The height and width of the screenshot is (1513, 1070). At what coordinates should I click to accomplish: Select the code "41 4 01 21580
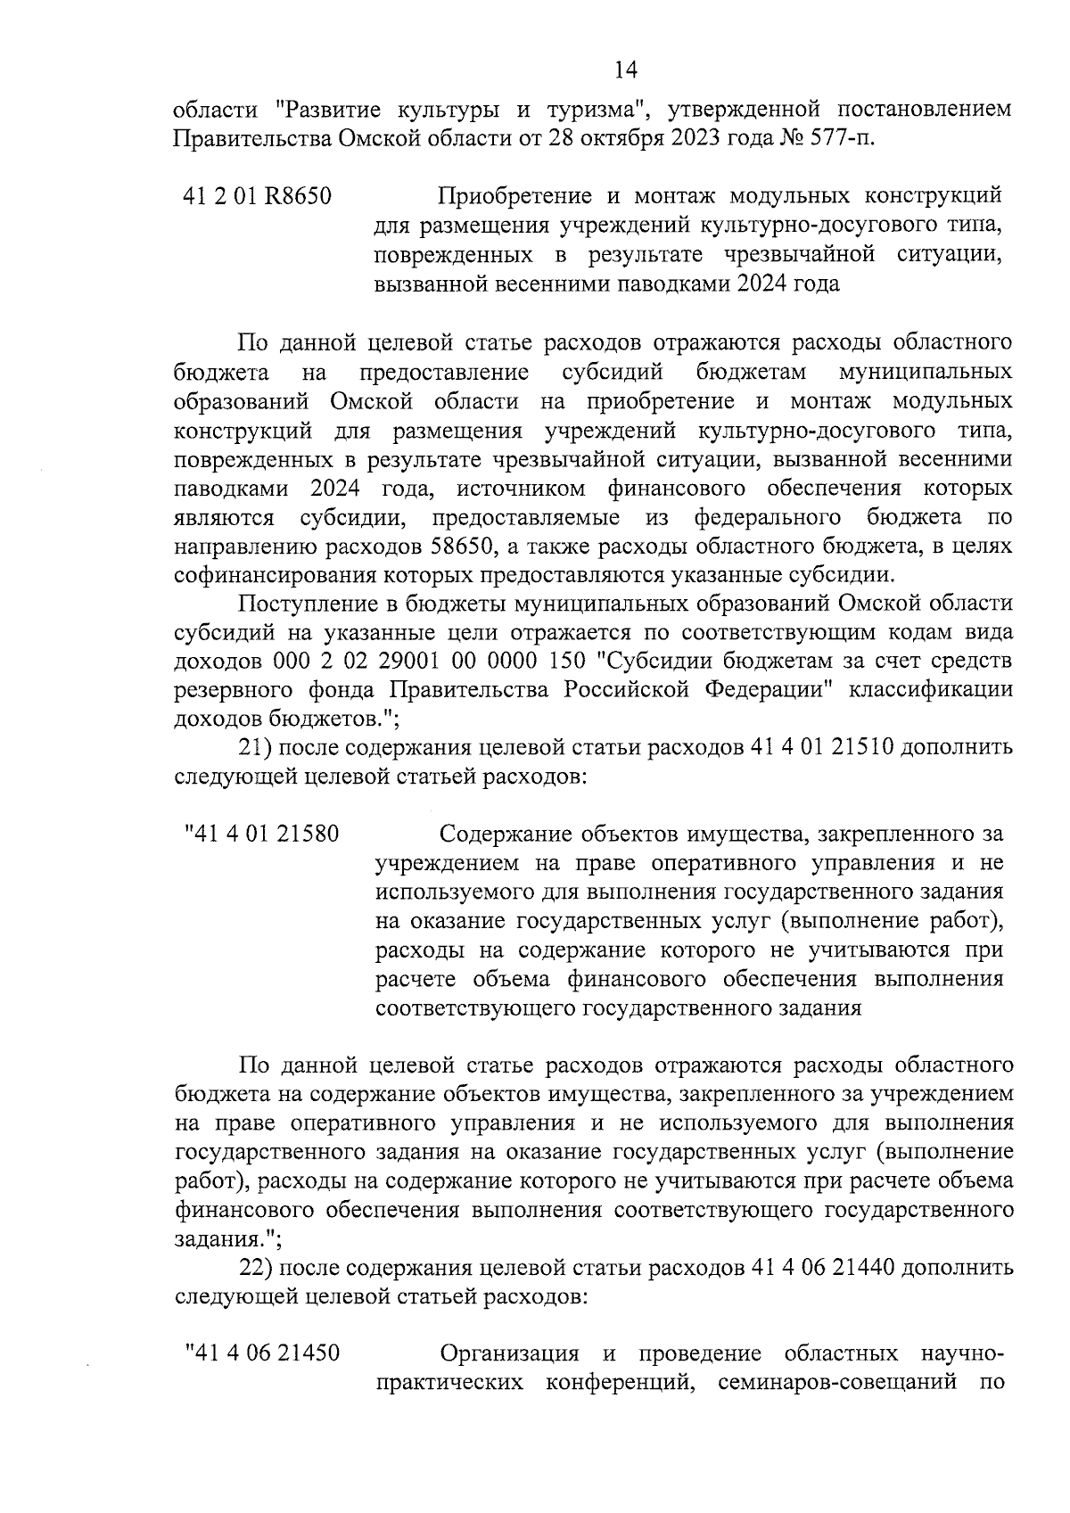pyautogui.click(x=261, y=835)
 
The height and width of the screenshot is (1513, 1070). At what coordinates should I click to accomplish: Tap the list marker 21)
pyautogui.click(x=258, y=747)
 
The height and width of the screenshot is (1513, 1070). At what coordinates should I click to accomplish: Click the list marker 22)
pyautogui.click(x=258, y=1267)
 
